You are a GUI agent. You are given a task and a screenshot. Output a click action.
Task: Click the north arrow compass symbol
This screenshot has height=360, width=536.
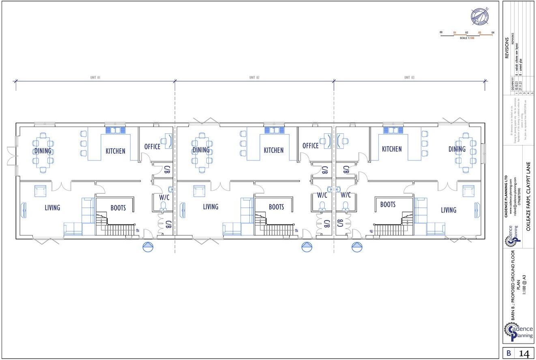click(x=480, y=17)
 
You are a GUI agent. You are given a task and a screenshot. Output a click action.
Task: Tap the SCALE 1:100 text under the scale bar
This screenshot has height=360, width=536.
click(x=467, y=38)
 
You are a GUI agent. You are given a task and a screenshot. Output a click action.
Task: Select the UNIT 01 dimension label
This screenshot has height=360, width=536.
click(x=95, y=77)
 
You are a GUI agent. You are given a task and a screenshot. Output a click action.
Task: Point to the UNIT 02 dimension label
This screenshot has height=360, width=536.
click(x=254, y=77)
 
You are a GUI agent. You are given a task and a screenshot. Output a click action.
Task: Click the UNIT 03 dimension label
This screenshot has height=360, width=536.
click(x=409, y=77)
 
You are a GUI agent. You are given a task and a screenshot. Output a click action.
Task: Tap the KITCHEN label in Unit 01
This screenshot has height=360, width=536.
click(x=116, y=151)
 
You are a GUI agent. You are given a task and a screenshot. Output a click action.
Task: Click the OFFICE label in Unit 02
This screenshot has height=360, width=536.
click(x=311, y=146)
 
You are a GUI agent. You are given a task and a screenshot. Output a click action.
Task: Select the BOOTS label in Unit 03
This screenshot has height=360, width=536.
click(x=388, y=205)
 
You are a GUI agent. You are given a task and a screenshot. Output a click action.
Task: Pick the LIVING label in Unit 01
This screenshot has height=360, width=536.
click(x=52, y=208)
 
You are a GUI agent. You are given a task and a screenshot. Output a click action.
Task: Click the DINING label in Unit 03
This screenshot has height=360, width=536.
click(x=457, y=149)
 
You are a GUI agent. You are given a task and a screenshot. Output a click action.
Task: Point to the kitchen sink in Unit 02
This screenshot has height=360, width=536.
click(x=274, y=130)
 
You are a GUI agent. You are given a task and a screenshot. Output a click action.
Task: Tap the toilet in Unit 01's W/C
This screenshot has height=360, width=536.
click(x=163, y=206)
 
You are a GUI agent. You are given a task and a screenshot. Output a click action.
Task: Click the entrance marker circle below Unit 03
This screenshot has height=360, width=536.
click(x=357, y=247)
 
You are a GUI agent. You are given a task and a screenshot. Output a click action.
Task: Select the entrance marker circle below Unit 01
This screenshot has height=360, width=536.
click(x=148, y=247)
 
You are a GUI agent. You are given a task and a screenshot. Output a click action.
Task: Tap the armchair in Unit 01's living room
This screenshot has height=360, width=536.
click(x=40, y=191)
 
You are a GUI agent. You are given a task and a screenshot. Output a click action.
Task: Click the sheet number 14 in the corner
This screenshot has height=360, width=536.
click(x=524, y=354)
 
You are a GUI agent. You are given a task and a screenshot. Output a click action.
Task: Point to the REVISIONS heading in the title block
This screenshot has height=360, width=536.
click(x=507, y=48)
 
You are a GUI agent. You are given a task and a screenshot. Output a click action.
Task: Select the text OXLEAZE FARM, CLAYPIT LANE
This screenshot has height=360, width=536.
click(x=528, y=197)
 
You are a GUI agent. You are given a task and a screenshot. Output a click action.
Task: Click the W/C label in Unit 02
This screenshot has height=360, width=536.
click(x=322, y=195)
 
